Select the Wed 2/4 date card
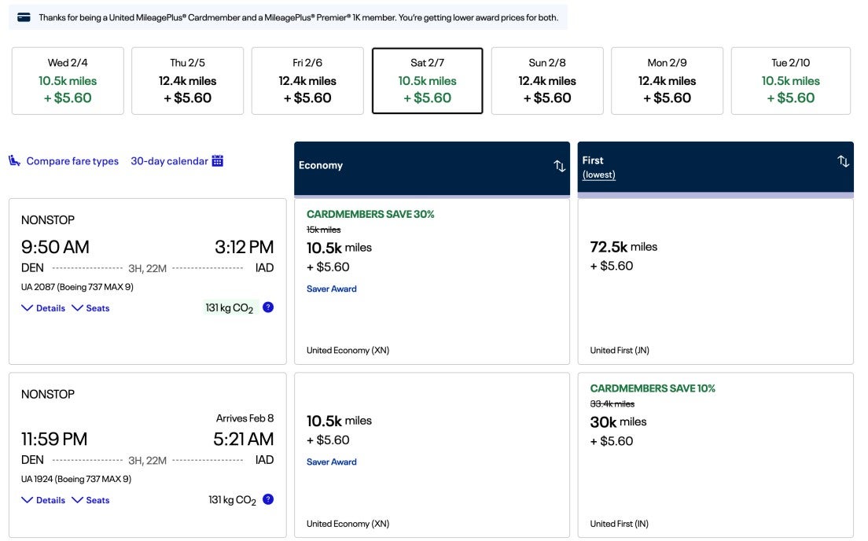(x=68, y=81)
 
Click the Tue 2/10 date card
(x=790, y=81)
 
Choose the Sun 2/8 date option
(x=547, y=81)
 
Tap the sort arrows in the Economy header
(x=559, y=166)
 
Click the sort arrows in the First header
(x=843, y=161)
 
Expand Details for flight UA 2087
(x=43, y=308)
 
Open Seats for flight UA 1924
(x=90, y=500)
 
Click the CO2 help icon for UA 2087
(x=268, y=307)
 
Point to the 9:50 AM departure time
(x=55, y=247)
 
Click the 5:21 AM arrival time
(x=243, y=439)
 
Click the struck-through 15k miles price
(x=323, y=230)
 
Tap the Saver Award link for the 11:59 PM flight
(x=331, y=462)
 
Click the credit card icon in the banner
(x=24, y=17)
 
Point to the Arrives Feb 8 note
(x=245, y=418)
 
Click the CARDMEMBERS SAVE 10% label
(x=653, y=388)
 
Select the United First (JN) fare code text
(x=620, y=351)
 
